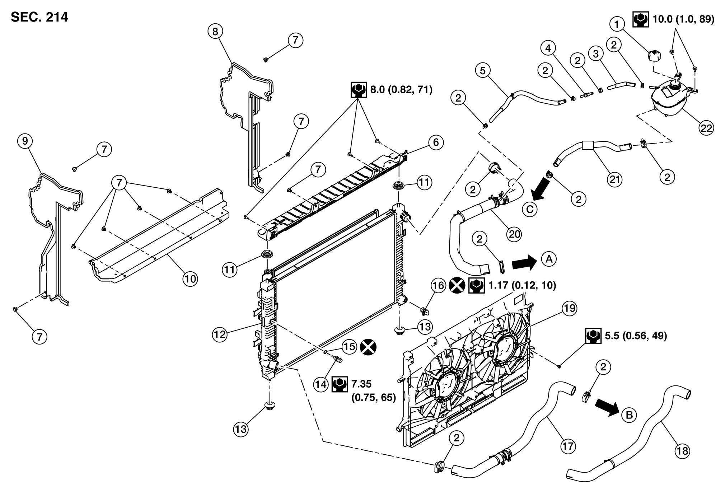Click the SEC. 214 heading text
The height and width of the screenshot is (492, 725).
(39, 17)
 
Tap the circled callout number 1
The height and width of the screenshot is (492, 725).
(617, 25)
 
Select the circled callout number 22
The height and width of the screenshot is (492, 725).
(706, 128)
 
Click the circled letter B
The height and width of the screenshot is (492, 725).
(629, 415)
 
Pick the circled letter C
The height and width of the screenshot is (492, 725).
(530, 209)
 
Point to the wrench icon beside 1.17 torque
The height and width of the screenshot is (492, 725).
(477, 285)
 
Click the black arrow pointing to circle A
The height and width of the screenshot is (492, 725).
(524, 262)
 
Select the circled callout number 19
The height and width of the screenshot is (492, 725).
(569, 309)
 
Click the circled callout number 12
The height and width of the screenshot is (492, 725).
(220, 334)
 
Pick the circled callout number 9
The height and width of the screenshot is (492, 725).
(25, 141)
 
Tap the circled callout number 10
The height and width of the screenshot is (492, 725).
(190, 279)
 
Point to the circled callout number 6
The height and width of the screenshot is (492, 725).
(436, 142)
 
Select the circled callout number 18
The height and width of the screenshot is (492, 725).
(682, 450)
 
